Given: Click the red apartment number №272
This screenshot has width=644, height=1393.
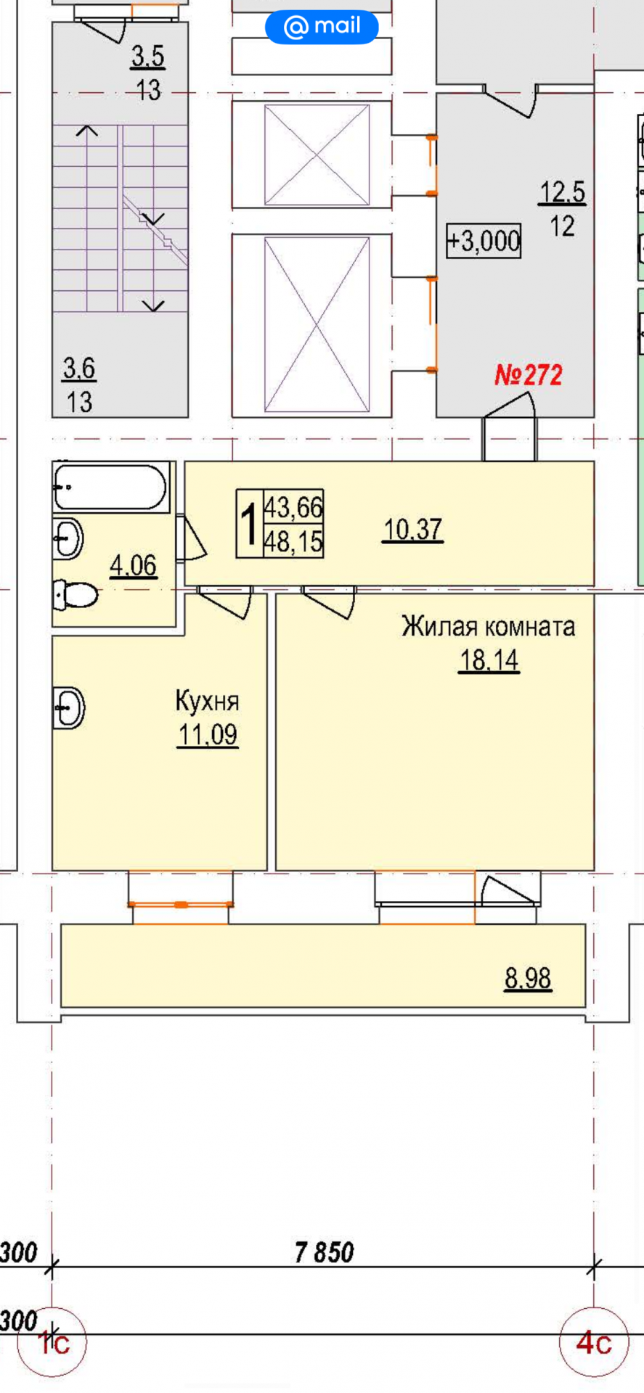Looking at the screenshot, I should tap(528, 375).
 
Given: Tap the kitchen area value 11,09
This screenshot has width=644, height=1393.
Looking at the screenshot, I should tap(208, 735).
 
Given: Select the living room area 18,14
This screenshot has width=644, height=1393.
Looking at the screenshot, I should tap(489, 660).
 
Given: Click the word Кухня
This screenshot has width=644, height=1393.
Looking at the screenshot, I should tap(207, 702).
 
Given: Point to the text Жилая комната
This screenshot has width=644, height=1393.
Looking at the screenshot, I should tap(488, 626).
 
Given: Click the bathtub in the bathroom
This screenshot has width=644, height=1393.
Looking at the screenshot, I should tap(110, 488).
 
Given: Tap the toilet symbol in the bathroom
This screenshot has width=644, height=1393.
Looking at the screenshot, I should tap(75, 596).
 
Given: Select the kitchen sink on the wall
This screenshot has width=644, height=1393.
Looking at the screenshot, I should tap(69, 707).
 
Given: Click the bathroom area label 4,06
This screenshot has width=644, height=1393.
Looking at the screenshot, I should tap(133, 565).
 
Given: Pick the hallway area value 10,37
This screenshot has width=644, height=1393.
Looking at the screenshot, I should tap(412, 530).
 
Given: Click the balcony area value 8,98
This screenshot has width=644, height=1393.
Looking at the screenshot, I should tap(528, 979).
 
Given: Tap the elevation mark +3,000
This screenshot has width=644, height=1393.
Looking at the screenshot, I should tap(484, 240).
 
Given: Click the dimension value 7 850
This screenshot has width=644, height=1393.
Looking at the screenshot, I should tap(325, 1252).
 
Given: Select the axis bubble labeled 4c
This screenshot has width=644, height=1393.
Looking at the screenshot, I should tap(594, 1344).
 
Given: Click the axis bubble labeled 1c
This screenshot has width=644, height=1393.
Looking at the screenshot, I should tap(53, 1344).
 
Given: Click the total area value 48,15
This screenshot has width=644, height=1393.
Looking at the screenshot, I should tap(293, 541).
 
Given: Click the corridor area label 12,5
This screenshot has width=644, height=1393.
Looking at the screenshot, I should tap(562, 192).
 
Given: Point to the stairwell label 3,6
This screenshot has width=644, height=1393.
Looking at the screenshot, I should tap(78, 369).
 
